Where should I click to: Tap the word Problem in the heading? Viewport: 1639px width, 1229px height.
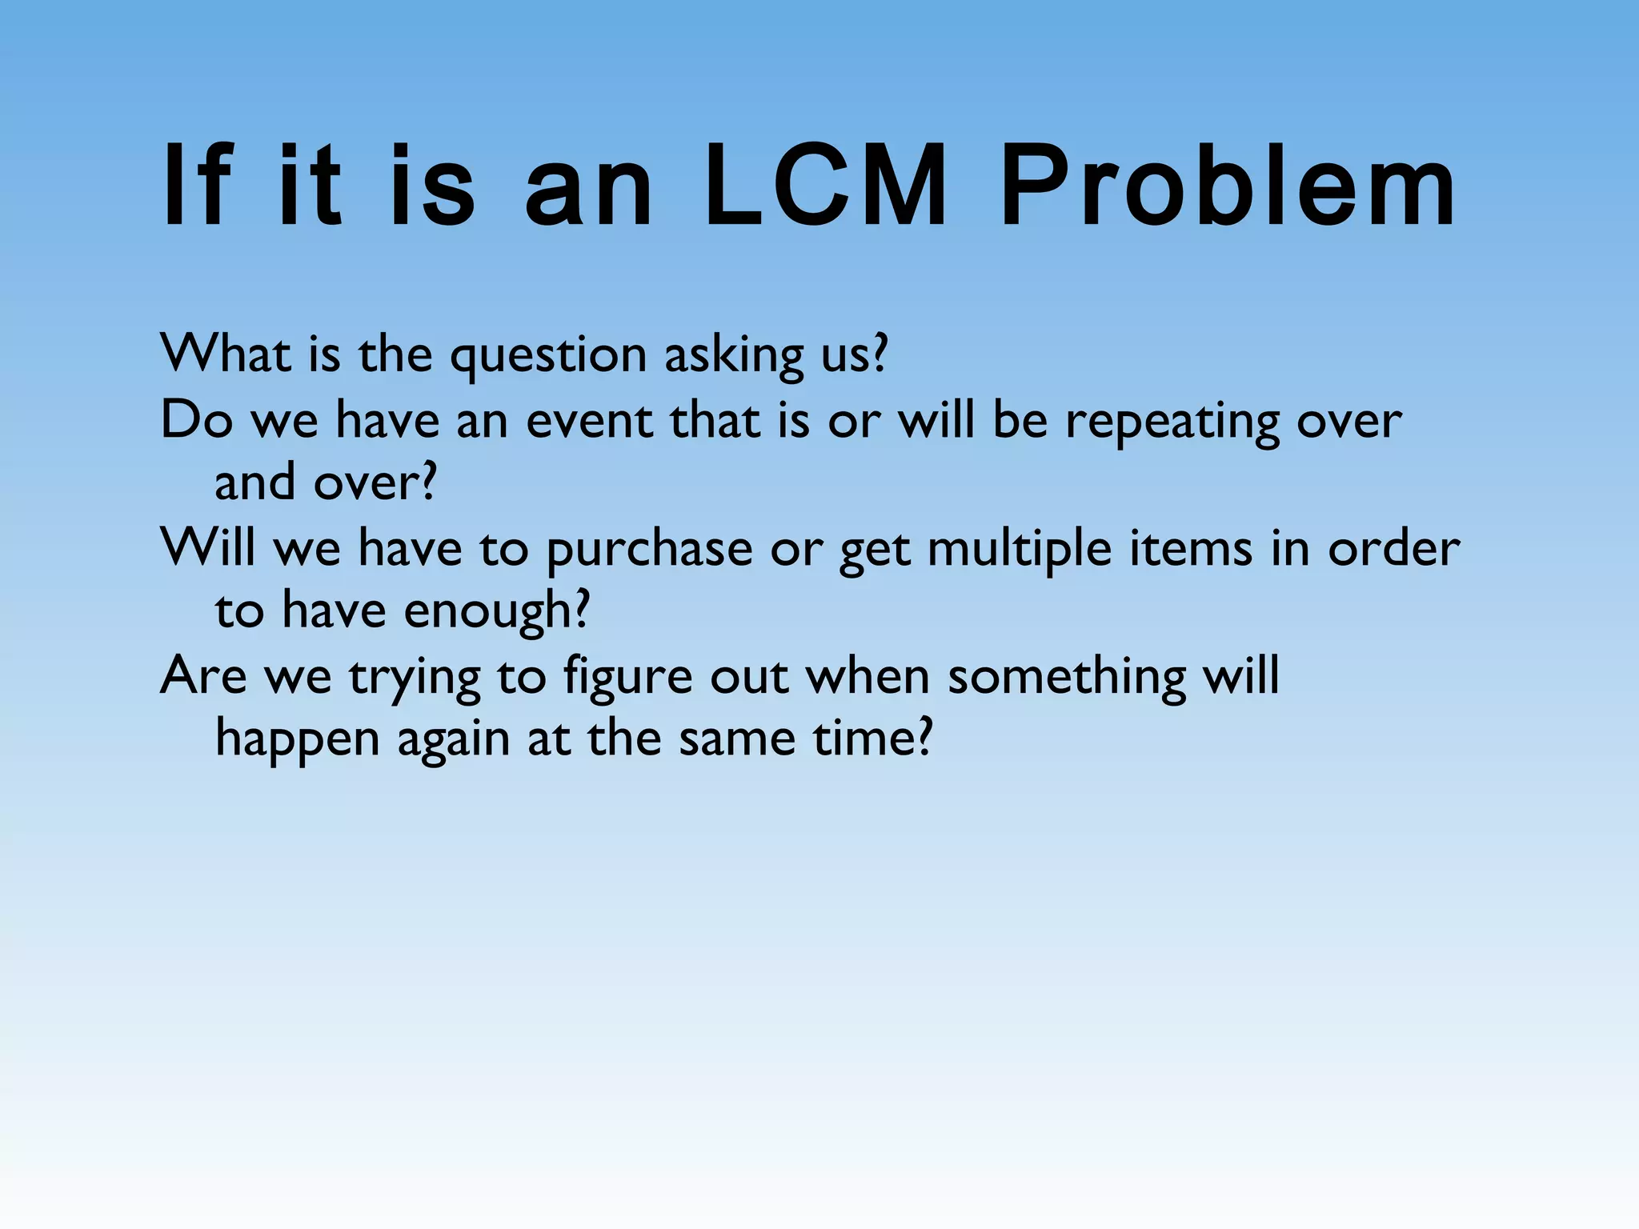pos(1228,187)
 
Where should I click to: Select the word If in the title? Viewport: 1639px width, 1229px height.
pos(197,187)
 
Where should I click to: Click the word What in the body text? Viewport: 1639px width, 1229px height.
pos(225,354)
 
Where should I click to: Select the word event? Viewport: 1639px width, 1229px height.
pos(589,421)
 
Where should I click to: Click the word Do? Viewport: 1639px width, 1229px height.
pos(196,420)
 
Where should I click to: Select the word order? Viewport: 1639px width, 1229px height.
pos(1393,549)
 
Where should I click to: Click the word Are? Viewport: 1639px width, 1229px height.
pos(203,676)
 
